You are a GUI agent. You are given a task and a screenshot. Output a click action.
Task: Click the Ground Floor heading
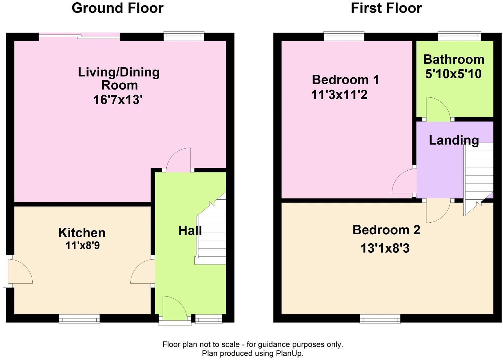(x=118, y=9)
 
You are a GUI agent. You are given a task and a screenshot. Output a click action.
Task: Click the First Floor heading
(x=386, y=8)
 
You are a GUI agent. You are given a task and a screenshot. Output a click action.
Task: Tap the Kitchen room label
(x=82, y=233)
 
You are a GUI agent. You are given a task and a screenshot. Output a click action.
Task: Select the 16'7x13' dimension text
(x=118, y=100)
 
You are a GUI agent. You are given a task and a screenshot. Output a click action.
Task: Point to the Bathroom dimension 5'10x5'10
(x=453, y=74)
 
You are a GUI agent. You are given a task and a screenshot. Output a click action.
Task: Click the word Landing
(x=454, y=140)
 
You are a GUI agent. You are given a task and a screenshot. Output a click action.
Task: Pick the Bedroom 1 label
(x=345, y=80)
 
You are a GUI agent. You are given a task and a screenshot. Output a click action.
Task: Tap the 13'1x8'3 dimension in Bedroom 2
(x=385, y=249)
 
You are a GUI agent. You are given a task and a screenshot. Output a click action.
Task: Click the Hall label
(x=190, y=231)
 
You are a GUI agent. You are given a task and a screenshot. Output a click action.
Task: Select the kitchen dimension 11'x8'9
(x=83, y=245)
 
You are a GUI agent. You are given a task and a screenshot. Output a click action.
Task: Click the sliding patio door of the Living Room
(x=79, y=36)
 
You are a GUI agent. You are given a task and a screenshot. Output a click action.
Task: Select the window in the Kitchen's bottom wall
(x=79, y=319)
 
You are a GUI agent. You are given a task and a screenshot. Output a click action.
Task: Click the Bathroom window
(x=459, y=36)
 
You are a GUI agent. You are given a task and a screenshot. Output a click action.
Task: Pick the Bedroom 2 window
(x=380, y=319)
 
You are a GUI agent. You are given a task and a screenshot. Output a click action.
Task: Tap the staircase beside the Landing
(x=478, y=179)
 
